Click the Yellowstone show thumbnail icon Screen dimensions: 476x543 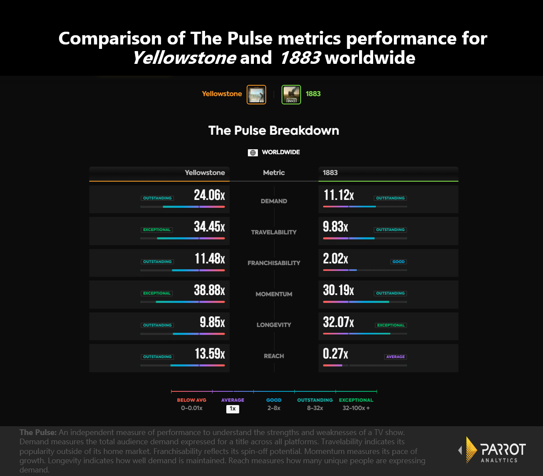tap(256, 94)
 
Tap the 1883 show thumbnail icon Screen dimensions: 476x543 tap(291, 94)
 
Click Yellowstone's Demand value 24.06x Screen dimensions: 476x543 tap(209, 195)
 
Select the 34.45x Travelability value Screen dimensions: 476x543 tap(209, 227)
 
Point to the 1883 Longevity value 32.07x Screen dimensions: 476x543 tap(338, 322)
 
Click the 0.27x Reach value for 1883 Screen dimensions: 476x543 tap(335, 354)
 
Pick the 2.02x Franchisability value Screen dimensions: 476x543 tap(335, 258)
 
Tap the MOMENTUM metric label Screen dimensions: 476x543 tap(274, 294)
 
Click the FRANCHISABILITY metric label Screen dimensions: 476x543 tap(274, 263)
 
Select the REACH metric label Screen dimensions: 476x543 tap(274, 356)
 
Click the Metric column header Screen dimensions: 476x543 tap(274, 173)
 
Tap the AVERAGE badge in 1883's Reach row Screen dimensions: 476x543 tap(395, 357)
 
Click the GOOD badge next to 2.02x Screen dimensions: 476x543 tap(398, 262)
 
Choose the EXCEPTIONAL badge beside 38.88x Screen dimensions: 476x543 tap(157, 293)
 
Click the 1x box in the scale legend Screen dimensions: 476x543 tap(233, 409)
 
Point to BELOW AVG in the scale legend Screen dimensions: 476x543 tap(191, 400)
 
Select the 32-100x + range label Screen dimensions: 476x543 tap(356, 408)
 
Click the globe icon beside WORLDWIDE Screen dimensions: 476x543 tap(253, 152)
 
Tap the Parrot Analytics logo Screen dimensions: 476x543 tap(492, 450)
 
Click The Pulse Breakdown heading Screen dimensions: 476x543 tap(274, 130)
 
